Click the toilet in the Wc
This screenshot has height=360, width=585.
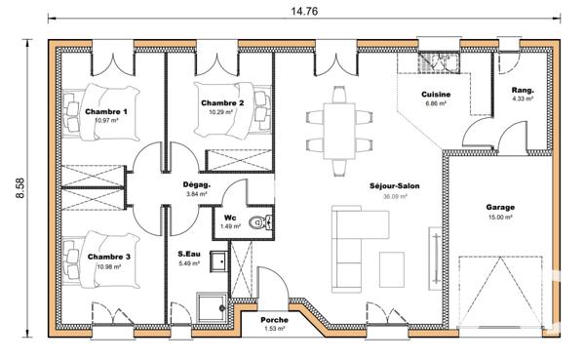coord(258,224)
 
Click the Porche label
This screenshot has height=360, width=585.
coord(273,319)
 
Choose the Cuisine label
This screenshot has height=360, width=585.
coord(434,95)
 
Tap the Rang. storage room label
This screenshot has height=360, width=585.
coord(525,89)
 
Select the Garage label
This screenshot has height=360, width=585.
coord(500,207)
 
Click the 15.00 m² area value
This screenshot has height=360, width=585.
coord(500,218)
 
